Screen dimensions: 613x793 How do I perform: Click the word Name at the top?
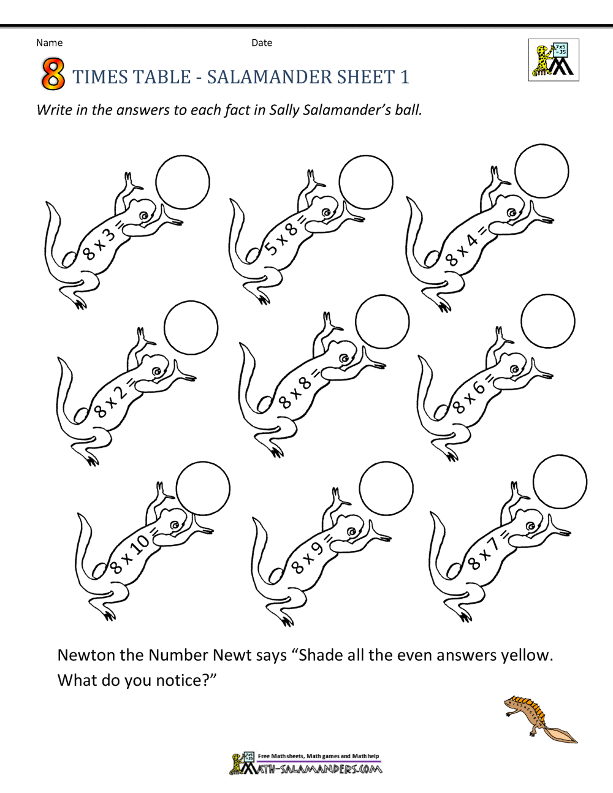[49, 43]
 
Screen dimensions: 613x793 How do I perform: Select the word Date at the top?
[262, 43]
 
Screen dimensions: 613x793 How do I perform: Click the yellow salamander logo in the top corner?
[554, 60]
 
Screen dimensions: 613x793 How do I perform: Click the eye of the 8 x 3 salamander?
[145, 216]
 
